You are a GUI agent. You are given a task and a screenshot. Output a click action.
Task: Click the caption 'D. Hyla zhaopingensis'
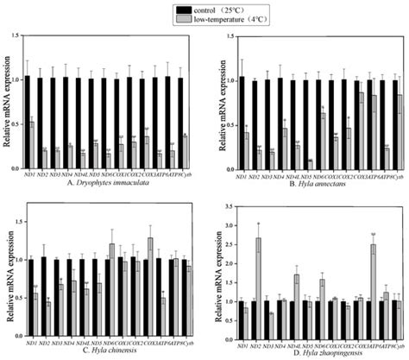click(x=320, y=350)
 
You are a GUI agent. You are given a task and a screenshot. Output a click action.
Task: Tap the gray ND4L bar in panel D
click(x=297, y=294)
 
